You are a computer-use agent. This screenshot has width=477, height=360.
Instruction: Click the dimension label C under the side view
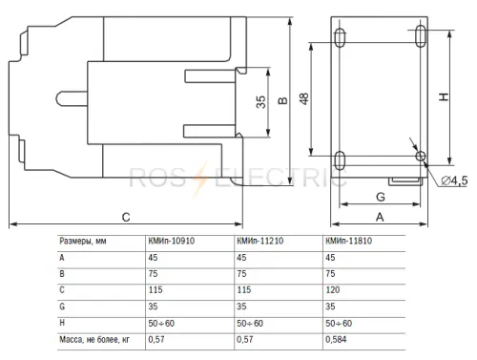(126, 217)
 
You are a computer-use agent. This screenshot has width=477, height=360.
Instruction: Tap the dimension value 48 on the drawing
(304, 98)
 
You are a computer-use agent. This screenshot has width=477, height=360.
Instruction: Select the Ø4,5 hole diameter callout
(454, 180)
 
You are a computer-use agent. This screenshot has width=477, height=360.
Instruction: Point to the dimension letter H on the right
(444, 96)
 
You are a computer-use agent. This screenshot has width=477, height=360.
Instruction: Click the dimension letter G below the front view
(381, 197)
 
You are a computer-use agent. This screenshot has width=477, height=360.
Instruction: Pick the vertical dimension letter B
(282, 100)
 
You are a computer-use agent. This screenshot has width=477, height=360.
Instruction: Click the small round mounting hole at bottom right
(421, 156)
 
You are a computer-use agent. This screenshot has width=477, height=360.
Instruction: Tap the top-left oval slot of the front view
(340, 37)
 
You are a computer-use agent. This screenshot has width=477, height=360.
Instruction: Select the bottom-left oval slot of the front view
(340, 160)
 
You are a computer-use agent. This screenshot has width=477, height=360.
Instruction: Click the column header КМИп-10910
(172, 241)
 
